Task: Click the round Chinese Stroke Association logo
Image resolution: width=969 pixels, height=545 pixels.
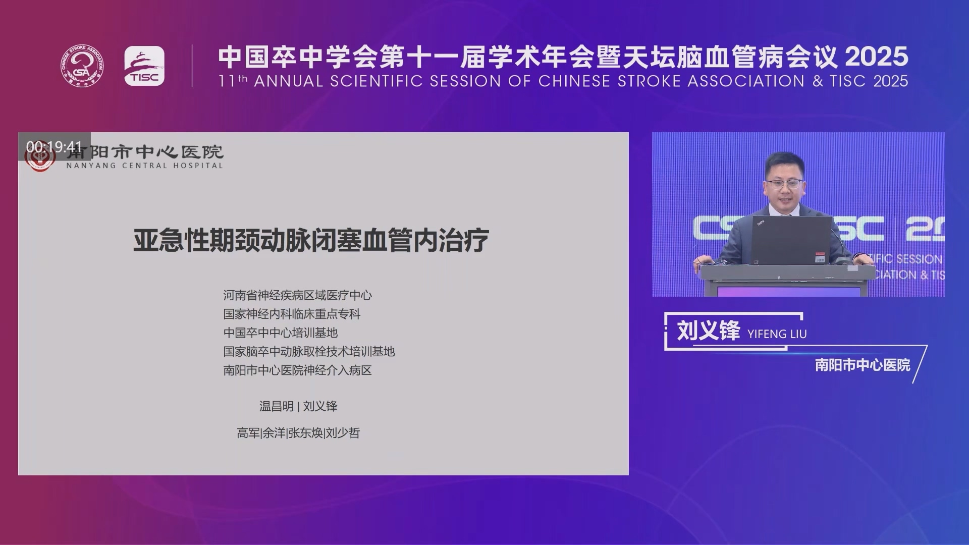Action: (83, 66)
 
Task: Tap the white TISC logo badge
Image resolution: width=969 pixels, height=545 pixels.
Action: (144, 66)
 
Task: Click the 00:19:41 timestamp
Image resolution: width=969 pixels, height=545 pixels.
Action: (54, 147)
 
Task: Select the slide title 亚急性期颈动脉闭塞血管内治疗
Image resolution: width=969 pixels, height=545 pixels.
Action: (311, 240)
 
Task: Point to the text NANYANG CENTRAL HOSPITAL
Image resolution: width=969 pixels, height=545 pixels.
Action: (144, 166)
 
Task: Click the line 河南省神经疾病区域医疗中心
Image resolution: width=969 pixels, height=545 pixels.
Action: (297, 295)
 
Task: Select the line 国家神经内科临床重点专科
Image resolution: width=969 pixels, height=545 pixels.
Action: (292, 314)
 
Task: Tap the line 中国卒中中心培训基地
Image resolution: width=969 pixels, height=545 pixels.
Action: (280, 333)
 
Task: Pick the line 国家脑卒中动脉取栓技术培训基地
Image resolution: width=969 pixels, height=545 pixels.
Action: (309, 351)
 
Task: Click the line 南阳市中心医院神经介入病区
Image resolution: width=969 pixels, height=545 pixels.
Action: (297, 370)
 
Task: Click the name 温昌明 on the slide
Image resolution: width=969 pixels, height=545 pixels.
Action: (276, 406)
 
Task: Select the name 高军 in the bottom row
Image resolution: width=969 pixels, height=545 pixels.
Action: (248, 433)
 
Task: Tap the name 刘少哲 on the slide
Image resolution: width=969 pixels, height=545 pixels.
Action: (343, 433)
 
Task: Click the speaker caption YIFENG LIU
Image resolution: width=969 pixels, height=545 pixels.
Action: (777, 334)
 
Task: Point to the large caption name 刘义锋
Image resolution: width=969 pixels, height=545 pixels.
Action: (708, 331)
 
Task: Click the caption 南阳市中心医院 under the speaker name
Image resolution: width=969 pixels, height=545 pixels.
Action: (863, 365)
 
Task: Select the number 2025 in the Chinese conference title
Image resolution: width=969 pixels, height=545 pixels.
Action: (877, 57)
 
